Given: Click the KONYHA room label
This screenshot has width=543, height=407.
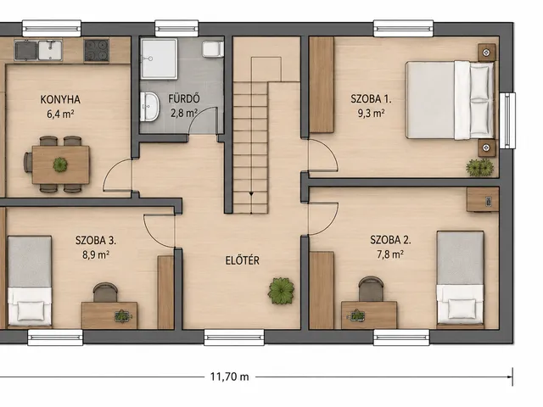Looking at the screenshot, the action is coord(60,99).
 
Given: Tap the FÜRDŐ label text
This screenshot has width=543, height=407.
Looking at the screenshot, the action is coord(184,98).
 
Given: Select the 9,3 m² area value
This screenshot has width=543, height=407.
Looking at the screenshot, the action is coord(371,113).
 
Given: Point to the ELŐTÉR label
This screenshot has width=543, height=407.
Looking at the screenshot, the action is coord(243,260).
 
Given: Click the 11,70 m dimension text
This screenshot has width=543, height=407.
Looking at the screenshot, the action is coord(230,376).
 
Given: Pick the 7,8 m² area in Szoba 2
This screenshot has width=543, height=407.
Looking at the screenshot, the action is coord(390,254).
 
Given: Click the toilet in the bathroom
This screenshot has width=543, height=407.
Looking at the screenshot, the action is coord(213,49).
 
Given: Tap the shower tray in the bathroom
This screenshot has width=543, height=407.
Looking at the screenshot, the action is coord(159,59).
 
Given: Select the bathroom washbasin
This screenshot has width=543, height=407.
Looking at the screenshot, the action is coord(149,107).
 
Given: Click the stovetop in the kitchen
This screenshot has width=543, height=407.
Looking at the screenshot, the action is coord(97,51).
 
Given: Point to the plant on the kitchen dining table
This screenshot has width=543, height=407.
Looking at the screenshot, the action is coord(60,164).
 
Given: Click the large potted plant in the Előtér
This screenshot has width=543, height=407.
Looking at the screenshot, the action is coord(281,291).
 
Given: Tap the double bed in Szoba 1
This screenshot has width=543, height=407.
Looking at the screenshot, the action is coord(450,100).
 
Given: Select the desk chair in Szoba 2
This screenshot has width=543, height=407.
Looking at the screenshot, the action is coord(371,289).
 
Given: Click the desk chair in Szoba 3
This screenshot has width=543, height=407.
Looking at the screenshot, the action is coord(105,293).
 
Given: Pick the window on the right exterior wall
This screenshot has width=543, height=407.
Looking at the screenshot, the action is coord(507,120).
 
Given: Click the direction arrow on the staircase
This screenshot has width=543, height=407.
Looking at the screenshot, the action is coord(251,194).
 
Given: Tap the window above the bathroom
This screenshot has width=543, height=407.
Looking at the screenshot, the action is coord(176,28).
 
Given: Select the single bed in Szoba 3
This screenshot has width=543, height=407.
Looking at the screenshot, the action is coord(30,281).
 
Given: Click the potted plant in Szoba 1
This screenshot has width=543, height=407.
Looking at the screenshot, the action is coord(480,168).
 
